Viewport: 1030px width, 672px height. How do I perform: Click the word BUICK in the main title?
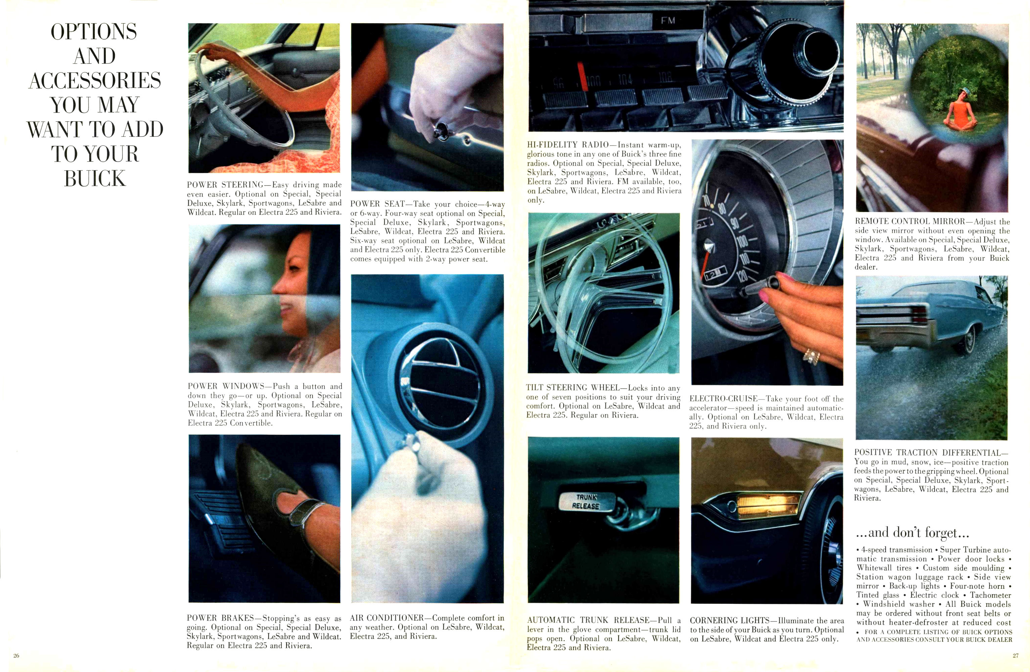[95, 179]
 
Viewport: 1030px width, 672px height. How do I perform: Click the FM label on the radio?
[668, 20]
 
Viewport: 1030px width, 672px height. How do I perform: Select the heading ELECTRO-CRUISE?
[724, 398]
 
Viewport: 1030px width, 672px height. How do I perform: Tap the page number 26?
[16, 656]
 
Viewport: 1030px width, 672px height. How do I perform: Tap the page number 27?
[1015, 656]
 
